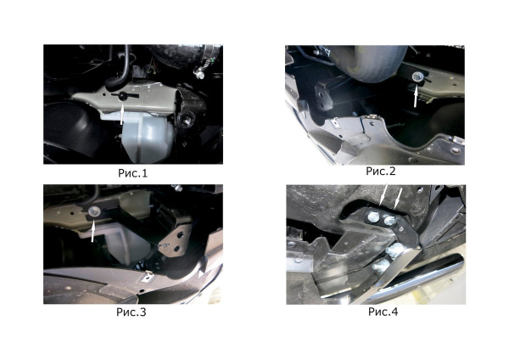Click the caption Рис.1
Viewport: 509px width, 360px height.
coord(132,173)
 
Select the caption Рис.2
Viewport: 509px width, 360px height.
coord(381,171)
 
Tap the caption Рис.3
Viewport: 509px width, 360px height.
coord(131,312)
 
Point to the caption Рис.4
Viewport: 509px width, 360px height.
coord(383,312)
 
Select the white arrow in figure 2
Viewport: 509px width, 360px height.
coord(415,97)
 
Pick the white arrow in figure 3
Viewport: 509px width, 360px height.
coord(92,230)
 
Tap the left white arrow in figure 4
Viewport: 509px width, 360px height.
coord(383,195)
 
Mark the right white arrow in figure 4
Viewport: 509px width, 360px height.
coord(397,197)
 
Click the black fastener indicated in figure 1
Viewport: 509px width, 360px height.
coord(123,96)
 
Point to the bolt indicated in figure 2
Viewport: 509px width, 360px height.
coord(417,77)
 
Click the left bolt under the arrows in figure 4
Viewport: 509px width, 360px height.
coord(373,217)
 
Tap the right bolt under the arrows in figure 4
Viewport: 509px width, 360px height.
coord(389,221)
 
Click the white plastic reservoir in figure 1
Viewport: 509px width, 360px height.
coord(146,137)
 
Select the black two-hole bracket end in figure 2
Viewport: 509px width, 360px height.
coord(323,95)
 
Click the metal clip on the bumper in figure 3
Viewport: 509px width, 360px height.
coord(148,277)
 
